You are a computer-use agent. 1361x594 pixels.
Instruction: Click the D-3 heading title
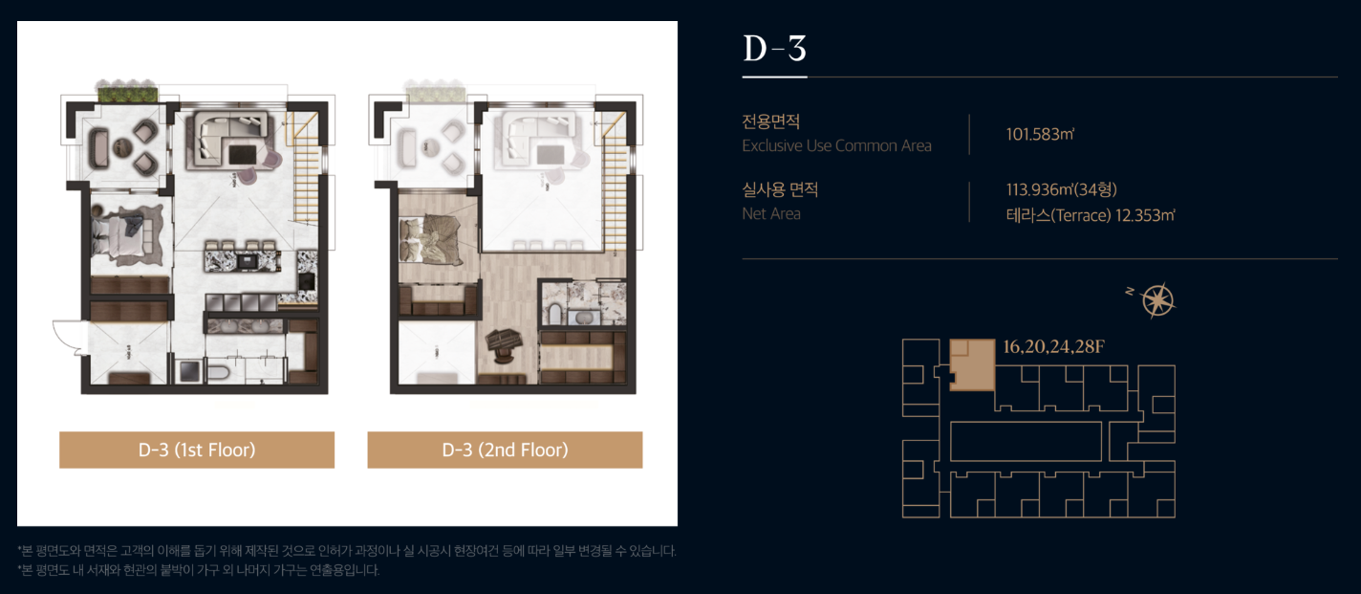(775, 48)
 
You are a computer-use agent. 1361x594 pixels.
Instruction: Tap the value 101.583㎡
(1040, 134)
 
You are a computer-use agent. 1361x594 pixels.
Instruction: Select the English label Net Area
(771, 213)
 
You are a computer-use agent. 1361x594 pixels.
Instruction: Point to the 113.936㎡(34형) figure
(1062, 189)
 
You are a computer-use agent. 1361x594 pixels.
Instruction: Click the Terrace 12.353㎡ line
(1090, 215)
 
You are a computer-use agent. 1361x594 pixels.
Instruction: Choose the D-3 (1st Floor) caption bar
(197, 450)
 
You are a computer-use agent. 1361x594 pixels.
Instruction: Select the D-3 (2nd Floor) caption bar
(505, 450)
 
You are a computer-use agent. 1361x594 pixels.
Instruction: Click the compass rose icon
(1157, 300)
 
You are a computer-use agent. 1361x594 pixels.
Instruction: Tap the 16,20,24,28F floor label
(1053, 346)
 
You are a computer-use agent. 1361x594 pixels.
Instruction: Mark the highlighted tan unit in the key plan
(972, 364)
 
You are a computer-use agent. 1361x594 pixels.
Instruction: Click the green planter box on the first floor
(128, 95)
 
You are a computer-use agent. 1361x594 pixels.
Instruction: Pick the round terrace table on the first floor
(122, 146)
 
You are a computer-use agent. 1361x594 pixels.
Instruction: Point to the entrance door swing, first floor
(68, 336)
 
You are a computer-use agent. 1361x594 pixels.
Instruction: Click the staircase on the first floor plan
(306, 167)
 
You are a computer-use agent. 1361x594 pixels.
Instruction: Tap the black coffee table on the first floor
(243, 154)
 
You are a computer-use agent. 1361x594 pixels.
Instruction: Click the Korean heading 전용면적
(770, 121)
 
